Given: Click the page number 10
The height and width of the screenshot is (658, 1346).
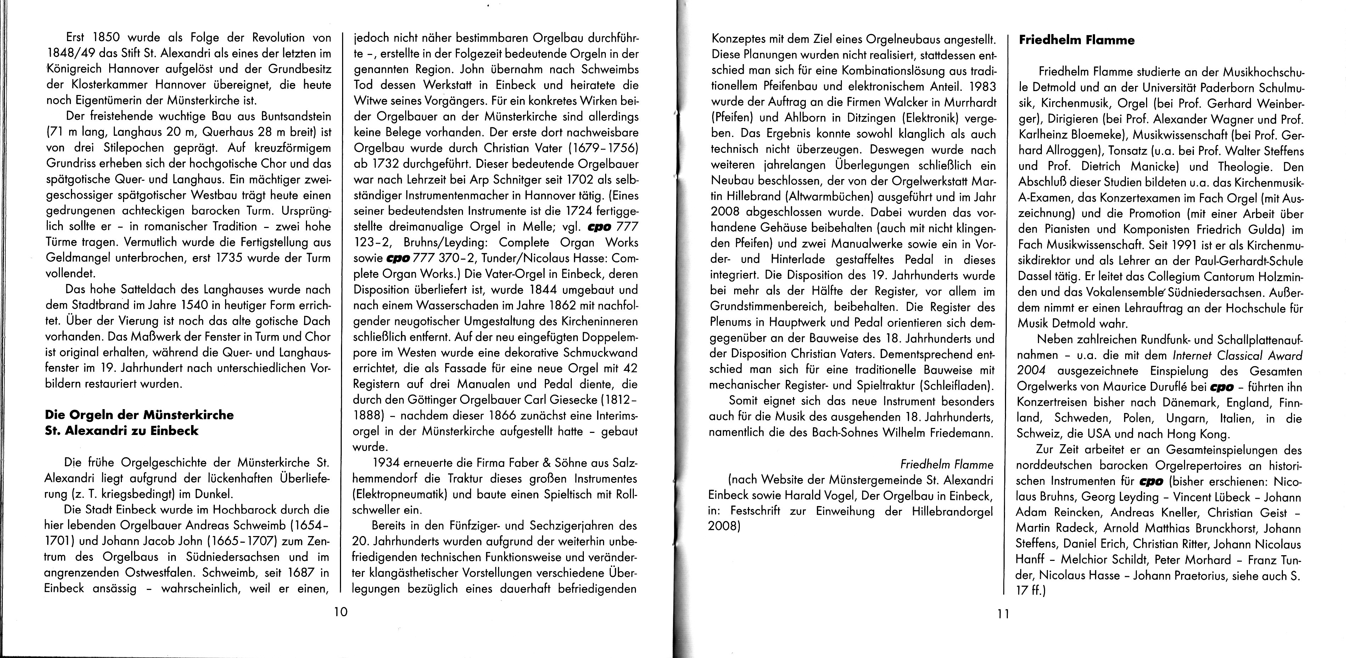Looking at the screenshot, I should click(340, 612).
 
